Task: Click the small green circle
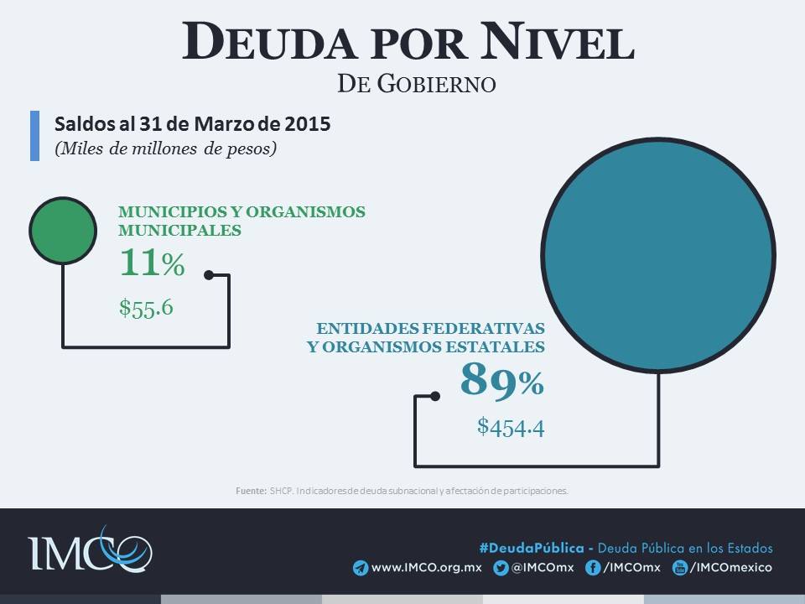62,230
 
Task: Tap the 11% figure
151,263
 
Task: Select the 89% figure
501,382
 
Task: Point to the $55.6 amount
146,308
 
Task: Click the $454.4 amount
511,427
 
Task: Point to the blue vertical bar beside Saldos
34,135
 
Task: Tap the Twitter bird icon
501,568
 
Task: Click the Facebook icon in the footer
592,568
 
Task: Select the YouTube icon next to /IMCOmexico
681,568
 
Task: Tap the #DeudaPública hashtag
532,548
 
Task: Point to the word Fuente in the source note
251,491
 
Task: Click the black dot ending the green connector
209,274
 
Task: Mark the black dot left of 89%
434,396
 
